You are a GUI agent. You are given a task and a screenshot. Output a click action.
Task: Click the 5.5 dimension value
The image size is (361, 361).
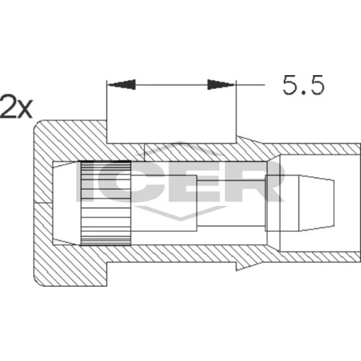(x=303, y=85)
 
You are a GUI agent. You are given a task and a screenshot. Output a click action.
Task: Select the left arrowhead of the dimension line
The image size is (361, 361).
(x=121, y=84)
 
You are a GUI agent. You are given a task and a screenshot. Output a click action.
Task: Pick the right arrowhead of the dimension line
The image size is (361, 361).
(x=221, y=84)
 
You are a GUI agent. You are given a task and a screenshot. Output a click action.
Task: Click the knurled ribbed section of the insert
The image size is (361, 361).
(x=105, y=204)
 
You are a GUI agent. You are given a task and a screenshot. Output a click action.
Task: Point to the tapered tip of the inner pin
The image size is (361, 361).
(x=316, y=204)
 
